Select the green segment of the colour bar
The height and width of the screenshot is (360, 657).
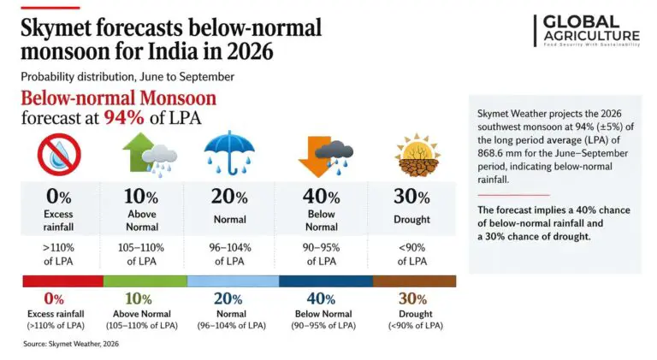[147, 280]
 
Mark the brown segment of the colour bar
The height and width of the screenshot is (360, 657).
[412, 280]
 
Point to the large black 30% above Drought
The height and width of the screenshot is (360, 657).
[412, 198]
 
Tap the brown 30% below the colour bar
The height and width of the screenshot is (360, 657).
[412, 299]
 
